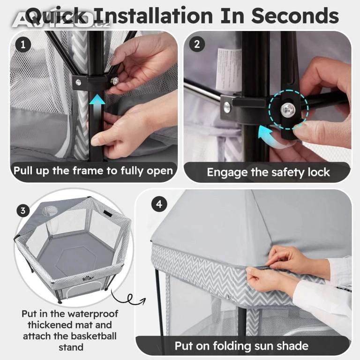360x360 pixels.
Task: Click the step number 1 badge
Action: (23, 45)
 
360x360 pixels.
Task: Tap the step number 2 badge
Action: (197, 44)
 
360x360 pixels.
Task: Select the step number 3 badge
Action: (23, 210)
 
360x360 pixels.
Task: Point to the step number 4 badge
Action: (159, 204)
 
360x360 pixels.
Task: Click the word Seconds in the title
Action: (295, 16)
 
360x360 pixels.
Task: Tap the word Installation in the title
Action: (154, 16)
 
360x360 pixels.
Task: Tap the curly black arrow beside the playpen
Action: (127, 297)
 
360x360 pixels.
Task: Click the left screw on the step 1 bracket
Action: (79, 82)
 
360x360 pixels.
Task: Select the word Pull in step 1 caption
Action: (23, 171)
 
